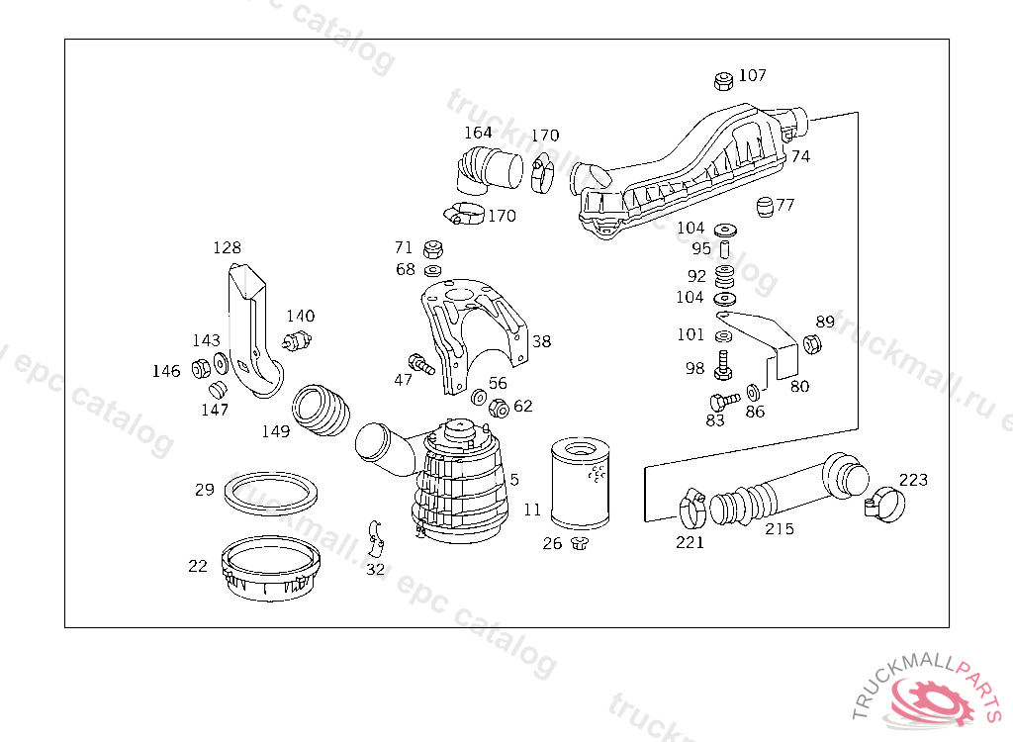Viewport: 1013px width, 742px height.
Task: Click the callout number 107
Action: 753,75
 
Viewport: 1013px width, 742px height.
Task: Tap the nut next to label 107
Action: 723,79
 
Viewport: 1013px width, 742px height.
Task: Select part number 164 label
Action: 478,133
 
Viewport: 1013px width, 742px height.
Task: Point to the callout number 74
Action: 800,156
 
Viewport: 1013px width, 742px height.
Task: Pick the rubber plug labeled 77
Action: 763,207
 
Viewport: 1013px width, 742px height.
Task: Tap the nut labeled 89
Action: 810,344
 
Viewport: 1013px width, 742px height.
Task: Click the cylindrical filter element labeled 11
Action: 580,485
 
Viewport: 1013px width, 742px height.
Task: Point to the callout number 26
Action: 552,543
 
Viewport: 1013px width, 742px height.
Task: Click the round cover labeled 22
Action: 271,567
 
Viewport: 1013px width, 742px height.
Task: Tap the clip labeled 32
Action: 375,535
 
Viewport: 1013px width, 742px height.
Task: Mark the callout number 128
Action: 227,247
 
